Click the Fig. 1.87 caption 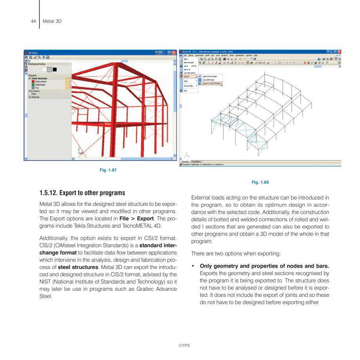point(108,170)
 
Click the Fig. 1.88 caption point(260,182)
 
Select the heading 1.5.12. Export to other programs point(82,193)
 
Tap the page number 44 point(33,21)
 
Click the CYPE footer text point(184,346)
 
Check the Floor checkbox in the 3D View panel point(30,94)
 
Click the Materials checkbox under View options point(30,97)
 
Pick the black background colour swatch point(55,70)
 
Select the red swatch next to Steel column point(33,81)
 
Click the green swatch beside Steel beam point(33,85)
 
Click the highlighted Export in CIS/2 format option point(211,83)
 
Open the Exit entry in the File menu point(185,91)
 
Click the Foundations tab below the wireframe point(196,161)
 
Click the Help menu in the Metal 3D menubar point(256,55)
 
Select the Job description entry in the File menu point(190,73)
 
